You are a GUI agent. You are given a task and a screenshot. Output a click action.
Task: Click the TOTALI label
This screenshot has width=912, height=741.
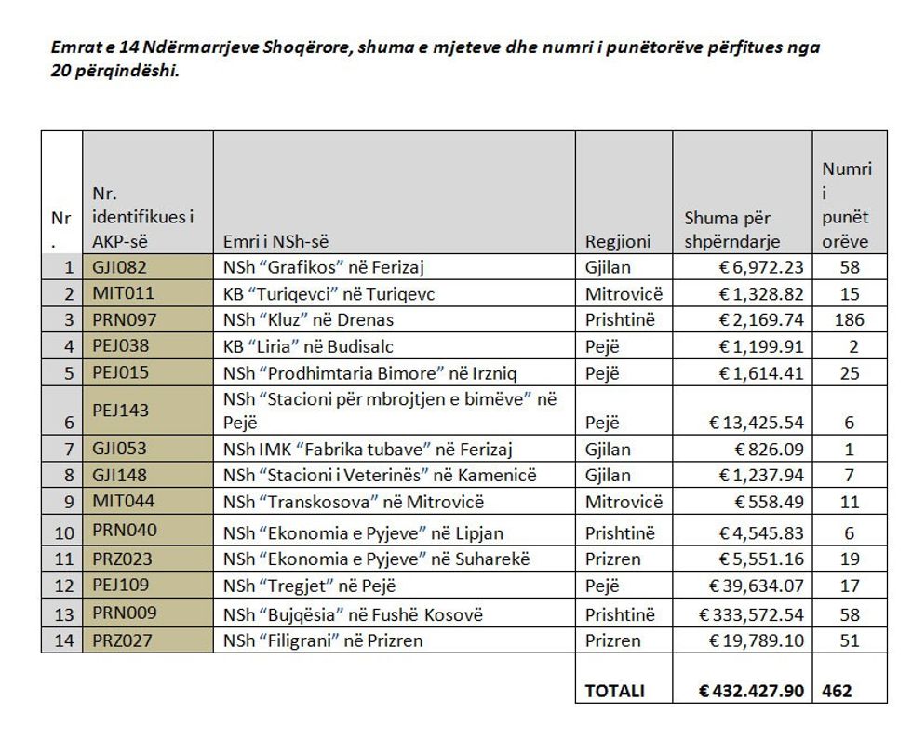coord(615,691)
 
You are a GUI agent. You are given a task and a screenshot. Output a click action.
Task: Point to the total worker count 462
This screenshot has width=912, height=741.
coord(837,691)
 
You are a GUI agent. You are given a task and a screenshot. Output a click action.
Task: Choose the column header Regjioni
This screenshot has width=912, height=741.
coord(618,241)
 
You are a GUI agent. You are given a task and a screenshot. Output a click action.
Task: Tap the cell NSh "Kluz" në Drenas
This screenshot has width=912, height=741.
coord(308,320)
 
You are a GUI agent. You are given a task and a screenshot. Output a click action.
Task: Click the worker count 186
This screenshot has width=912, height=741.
coord(848,320)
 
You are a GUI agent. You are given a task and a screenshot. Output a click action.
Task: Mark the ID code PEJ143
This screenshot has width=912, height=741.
coord(120,410)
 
